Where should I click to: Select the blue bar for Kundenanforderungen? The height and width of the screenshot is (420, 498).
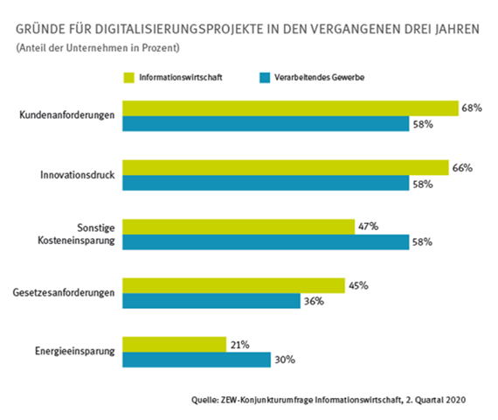pos(266,124)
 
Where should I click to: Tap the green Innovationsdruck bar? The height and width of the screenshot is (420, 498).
pos(285,167)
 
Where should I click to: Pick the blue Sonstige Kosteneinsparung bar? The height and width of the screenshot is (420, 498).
pos(266,241)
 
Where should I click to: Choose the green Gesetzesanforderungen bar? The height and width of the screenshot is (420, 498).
pos(233,285)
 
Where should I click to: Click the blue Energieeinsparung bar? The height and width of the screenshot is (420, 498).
pos(197,359)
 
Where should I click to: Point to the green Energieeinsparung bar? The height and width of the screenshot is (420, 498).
pos(174,344)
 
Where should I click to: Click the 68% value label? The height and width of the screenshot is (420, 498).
pos(473,108)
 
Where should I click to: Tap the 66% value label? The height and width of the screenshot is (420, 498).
pos(462,167)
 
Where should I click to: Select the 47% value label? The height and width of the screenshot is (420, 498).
pos(368,226)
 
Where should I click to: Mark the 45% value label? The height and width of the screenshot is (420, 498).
pos(358,285)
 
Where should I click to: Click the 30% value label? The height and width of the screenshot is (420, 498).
pos(285,360)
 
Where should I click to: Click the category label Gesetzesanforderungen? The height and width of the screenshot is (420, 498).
pos(65,293)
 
